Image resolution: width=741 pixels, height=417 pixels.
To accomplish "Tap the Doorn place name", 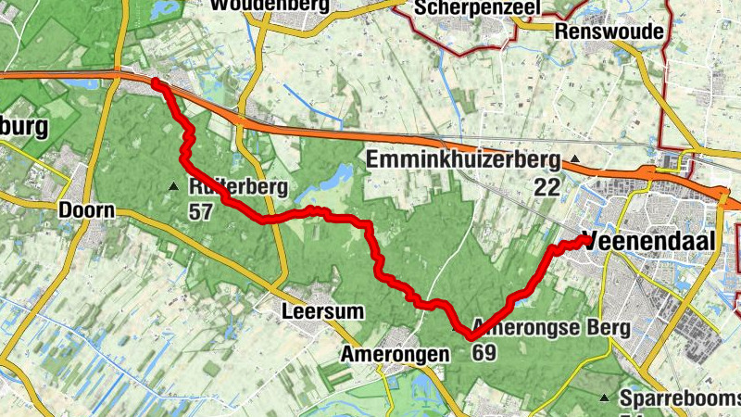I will tap(86, 210).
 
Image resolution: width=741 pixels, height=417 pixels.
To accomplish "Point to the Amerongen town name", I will tap(395, 353).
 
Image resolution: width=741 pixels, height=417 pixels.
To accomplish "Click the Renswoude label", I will tap(610, 32).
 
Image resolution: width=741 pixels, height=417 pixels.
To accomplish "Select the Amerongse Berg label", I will tap(551, 328).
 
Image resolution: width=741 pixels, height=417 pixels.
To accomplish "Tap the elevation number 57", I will tap(200, 212).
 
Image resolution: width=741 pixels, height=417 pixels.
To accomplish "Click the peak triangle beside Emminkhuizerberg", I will tap(575, 159).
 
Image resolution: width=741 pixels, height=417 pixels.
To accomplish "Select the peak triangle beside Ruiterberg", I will tap(173, 188).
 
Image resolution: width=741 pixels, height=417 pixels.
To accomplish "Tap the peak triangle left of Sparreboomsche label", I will tap(604, 398).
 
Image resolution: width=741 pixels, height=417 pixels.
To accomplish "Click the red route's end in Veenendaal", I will tap(585, 240).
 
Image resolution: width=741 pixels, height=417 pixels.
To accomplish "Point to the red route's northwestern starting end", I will tap(156, 84).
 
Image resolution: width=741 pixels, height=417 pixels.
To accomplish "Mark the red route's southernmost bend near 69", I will tap(471, 337).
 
